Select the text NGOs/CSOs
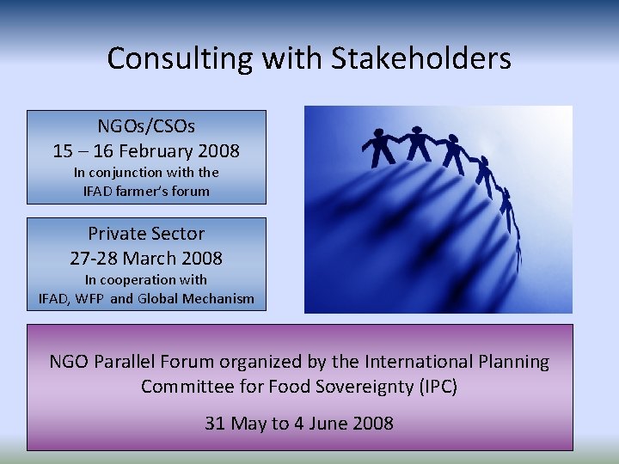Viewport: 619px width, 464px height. click(x=146, y=126)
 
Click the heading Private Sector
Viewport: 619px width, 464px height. click(x=146, y=233)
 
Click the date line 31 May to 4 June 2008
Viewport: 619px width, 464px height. click(x=299, y=423)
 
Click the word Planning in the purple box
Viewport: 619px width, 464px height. click(x=514, y=362)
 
